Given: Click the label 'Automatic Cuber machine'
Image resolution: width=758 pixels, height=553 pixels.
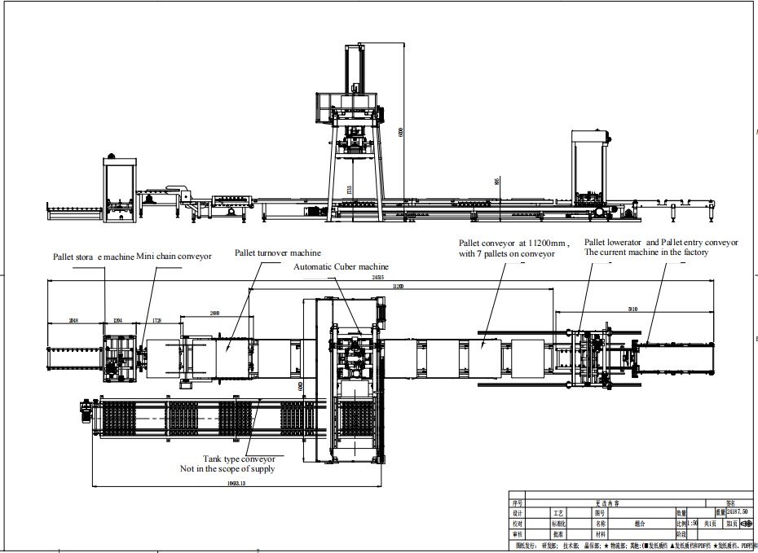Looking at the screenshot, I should coord(342,266).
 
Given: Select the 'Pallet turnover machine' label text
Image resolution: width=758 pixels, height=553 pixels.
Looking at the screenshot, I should coord(278,252).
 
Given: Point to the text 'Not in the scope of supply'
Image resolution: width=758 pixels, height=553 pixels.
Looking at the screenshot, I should coord(227,469).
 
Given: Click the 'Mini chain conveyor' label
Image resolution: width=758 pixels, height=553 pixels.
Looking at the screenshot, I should coord(174,256).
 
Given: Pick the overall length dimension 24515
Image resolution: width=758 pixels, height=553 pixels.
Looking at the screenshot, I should coord(377,278).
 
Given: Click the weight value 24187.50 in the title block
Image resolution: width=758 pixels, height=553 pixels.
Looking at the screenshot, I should coord(731,512).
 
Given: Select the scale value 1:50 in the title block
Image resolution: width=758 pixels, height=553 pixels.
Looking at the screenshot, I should coord(693,523).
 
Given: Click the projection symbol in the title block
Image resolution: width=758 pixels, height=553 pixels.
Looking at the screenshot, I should coord(746,523).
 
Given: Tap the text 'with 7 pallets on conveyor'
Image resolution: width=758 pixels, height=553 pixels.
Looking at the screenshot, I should coord(506,253).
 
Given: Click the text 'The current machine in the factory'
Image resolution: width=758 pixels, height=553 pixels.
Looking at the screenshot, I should coord(646,252).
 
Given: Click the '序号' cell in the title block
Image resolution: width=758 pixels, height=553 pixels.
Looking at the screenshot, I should coord(517,503).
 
